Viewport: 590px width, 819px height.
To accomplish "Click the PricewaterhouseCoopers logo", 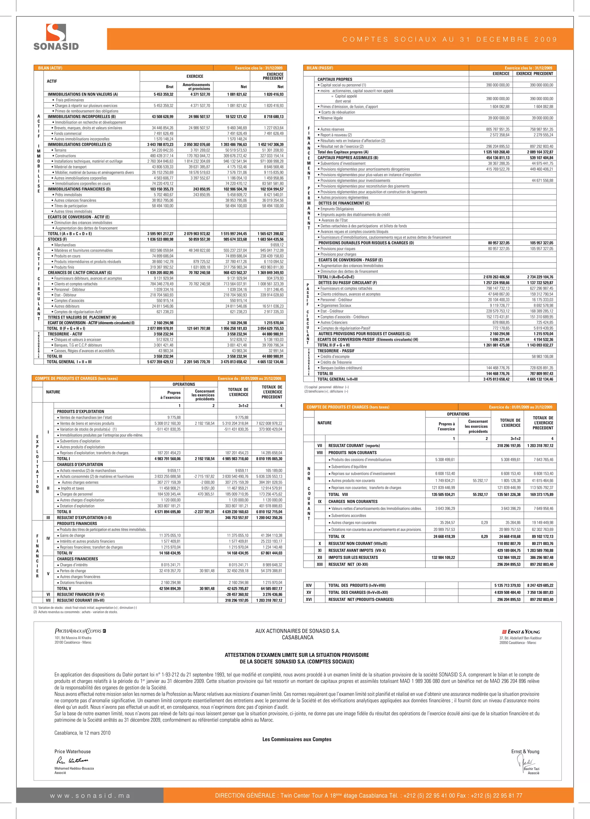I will (80, 631).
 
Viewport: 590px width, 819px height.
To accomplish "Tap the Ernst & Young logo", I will (521, 632).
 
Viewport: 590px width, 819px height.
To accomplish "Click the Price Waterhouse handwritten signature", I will (72, 761).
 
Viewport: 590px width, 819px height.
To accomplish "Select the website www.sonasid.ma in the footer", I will (90, 795).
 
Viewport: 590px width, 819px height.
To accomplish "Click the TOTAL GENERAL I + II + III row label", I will (69, 362).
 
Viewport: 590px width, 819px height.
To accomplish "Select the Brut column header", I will (169, 87).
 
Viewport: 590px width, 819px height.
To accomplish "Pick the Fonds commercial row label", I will (68, 134).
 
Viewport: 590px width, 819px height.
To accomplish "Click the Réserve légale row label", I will (331, 118).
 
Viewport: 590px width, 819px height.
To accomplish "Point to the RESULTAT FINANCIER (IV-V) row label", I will (81, 594).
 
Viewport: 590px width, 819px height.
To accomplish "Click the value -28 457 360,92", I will (237, 594).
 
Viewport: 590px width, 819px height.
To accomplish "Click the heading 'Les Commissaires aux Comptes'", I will (297, 739).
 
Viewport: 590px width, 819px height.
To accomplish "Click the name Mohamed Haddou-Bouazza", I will (74, 768).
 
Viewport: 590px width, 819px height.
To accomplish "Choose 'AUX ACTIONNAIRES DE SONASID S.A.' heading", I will (297, 631).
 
